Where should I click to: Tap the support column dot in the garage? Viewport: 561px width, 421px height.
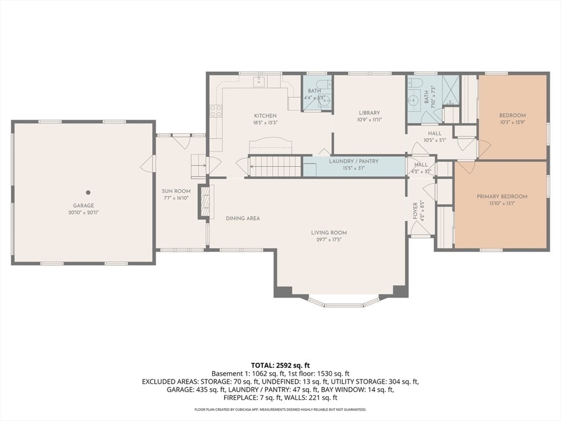(88, 192)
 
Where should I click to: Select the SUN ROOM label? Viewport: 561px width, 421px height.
(176, 191)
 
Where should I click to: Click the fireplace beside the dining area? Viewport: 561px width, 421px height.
(204, 202)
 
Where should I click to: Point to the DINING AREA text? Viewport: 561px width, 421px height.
(243, 218)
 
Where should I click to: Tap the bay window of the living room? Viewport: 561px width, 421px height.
(344, 301)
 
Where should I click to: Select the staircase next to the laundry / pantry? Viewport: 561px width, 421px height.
(275, 166)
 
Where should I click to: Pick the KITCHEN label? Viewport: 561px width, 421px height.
(265, 116)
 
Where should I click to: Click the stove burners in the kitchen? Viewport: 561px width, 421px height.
(216, 111)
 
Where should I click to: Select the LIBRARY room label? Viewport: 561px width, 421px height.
(369, 113)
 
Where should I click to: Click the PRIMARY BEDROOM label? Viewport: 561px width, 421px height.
(502, 196)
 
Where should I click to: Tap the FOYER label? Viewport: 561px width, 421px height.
(415, 211)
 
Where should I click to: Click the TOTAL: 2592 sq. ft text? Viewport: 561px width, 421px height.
(280, 365)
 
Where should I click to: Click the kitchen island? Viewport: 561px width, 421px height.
(271, 147)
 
